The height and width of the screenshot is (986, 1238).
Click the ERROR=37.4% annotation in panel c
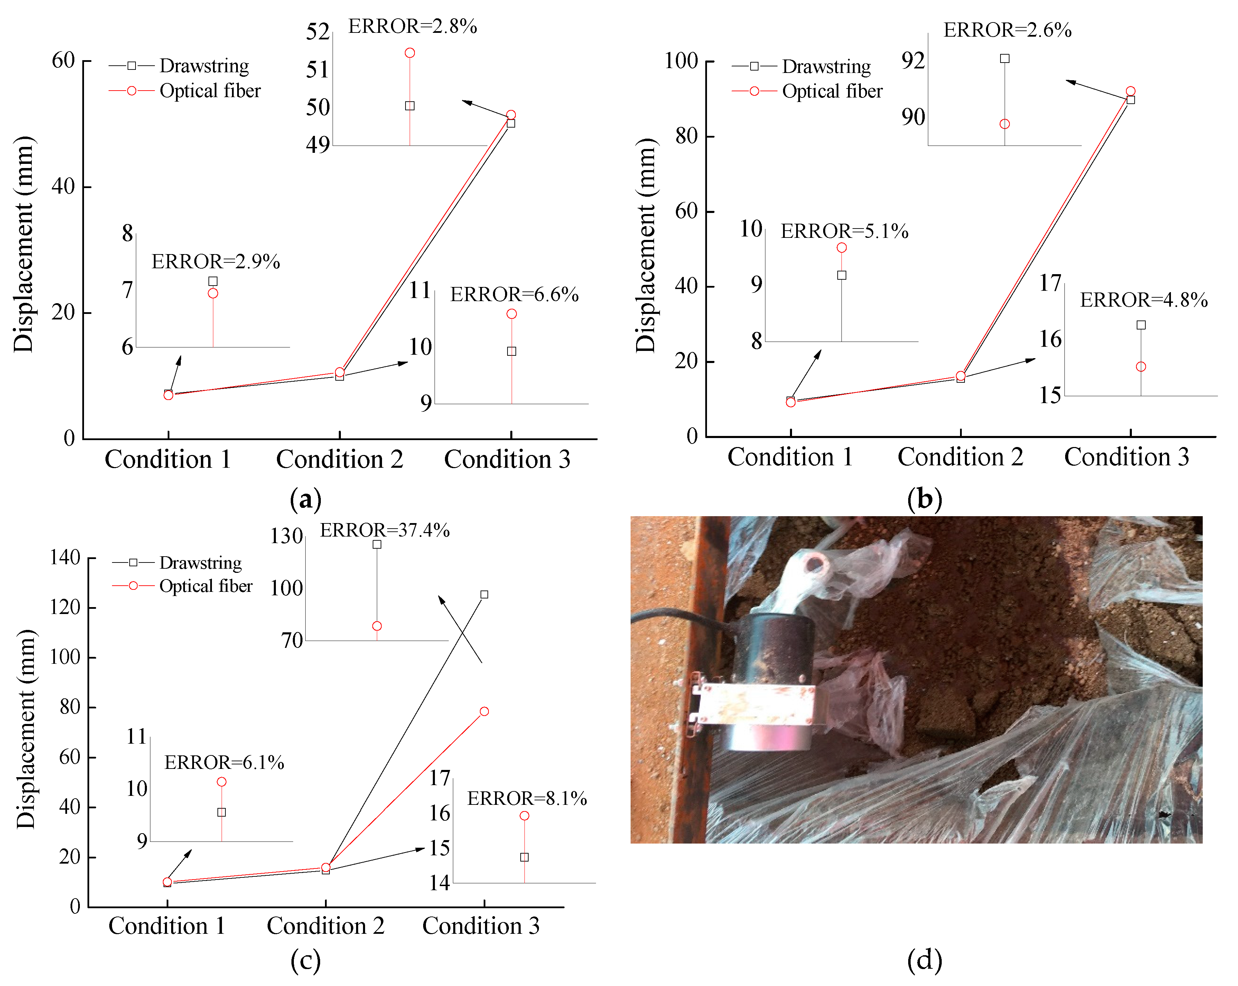point(385,530)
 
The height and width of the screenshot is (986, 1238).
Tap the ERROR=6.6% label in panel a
point(514,295)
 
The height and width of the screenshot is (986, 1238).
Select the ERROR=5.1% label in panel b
point(844,231)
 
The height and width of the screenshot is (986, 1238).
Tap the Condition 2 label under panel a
point(339,459)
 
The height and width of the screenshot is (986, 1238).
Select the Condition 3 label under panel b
point(1127,457)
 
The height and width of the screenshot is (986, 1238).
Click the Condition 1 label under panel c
point(167,926)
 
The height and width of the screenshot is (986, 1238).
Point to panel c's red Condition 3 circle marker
point(484,711)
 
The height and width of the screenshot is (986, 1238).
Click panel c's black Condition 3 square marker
point(484,594)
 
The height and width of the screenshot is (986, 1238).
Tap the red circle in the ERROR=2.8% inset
point(410,53)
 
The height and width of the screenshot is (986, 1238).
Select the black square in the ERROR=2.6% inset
point(1004,58)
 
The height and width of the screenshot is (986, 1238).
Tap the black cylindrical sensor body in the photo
point(775,649)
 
